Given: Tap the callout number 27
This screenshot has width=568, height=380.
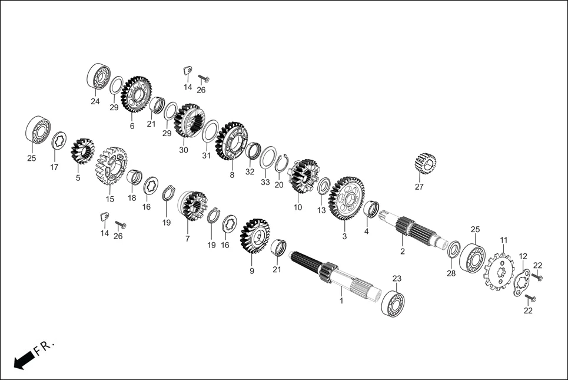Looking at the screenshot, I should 419,187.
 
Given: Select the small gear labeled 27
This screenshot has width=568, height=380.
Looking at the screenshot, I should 424,163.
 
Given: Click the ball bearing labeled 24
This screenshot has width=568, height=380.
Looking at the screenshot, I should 99,75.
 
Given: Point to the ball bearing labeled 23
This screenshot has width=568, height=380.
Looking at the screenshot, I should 393,301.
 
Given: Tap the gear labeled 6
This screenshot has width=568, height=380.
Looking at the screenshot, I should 135,94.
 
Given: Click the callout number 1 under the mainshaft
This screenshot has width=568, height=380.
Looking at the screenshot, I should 340,300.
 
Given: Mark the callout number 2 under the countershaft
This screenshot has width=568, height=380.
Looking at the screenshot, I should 403,251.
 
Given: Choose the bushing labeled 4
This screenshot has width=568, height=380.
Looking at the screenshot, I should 371,209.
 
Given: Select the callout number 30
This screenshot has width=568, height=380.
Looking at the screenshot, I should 183,150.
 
